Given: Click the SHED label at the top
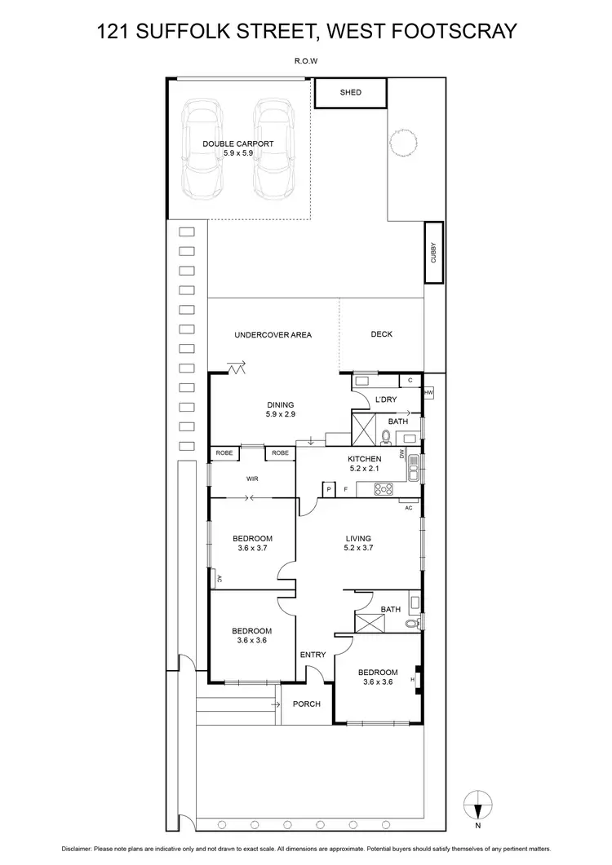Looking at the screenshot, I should coord(350,93).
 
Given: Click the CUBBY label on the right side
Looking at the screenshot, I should coord(433,253).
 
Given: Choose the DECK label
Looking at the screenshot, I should coord(381,334).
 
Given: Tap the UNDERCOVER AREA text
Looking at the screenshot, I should coord(273,335).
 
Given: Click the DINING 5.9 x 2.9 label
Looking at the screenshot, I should coord(280,409).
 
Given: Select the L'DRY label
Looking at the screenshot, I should coord(385,399).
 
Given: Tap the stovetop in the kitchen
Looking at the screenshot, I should coord(384,489).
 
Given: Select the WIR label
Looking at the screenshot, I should coord(252,479).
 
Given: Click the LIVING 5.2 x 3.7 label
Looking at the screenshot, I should coord(357,544).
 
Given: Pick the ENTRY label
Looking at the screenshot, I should coord(313,655).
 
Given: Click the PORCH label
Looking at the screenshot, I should coord(306,704).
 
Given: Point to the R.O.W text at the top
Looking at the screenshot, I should coord(306,60).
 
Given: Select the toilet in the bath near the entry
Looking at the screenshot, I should coord(415,624).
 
